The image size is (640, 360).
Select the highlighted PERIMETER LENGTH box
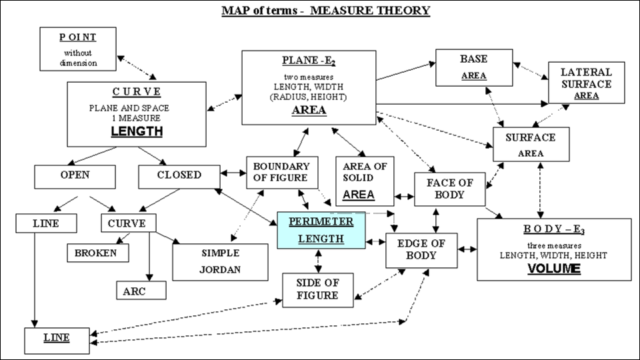[x=321, y=230]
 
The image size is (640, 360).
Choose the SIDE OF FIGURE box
[x=317, y=289]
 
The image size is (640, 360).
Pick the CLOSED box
[x=179, y=176]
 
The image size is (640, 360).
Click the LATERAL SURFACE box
[x=586, y=83]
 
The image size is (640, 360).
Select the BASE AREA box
[x=474, y=67]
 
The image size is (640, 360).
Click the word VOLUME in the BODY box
[x=554, y=269]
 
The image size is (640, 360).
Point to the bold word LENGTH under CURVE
[x=137, y=131]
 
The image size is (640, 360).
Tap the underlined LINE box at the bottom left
[x=57, y=340]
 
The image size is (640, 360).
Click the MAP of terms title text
[x=326, y=11]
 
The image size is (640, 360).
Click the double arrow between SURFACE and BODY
[x=538, y=188]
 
